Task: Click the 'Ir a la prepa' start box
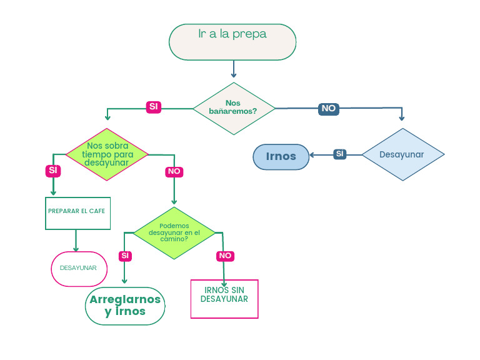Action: pos(232,42)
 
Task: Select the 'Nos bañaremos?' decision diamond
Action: pos(233,108)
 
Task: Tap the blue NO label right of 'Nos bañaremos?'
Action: pos(328,108)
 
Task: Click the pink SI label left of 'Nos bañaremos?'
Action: pos(153,107)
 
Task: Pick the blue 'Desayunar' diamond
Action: pos(402,154)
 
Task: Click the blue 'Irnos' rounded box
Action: pos(281,156)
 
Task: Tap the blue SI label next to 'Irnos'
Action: pos(339,154)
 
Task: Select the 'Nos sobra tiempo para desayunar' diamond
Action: pos(107,154)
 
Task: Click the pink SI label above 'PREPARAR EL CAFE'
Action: pos(52,170)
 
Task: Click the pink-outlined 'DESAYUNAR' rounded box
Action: pos(79,269)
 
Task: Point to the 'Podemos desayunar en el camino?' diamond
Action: pos(174,233)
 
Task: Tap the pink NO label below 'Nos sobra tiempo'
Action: pos(174,171)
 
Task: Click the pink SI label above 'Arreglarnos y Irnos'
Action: pos(125,256)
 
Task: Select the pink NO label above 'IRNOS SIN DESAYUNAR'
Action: pos(225,256)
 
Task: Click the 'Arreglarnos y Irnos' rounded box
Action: pos(125,306)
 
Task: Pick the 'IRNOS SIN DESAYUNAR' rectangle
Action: pos(224,299)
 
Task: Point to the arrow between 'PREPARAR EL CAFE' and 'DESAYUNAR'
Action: pos(76,240)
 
